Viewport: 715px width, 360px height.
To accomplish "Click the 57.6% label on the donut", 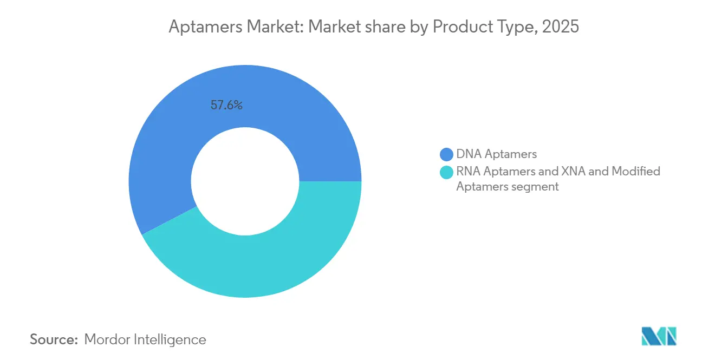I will pyautogui.click(x=226, y=106).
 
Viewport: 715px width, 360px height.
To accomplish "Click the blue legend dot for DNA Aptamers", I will pyautogui.click(x=447, y=154).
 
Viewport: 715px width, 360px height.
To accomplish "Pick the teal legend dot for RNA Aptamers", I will pyautogui.click(x=447, y=172).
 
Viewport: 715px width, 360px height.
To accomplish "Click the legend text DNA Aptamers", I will pyautogui.click(x=496, y=154).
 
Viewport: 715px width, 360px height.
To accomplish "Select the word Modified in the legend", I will pyautogui.click(x=636, y=172).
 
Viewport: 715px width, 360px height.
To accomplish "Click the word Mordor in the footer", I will pyautogui.click(x=107, y=340).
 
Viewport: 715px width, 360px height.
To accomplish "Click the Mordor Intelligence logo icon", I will pyautogui.click(x=659, y=336).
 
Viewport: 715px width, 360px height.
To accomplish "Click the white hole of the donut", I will pyautogui.click(x=245, y=181).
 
